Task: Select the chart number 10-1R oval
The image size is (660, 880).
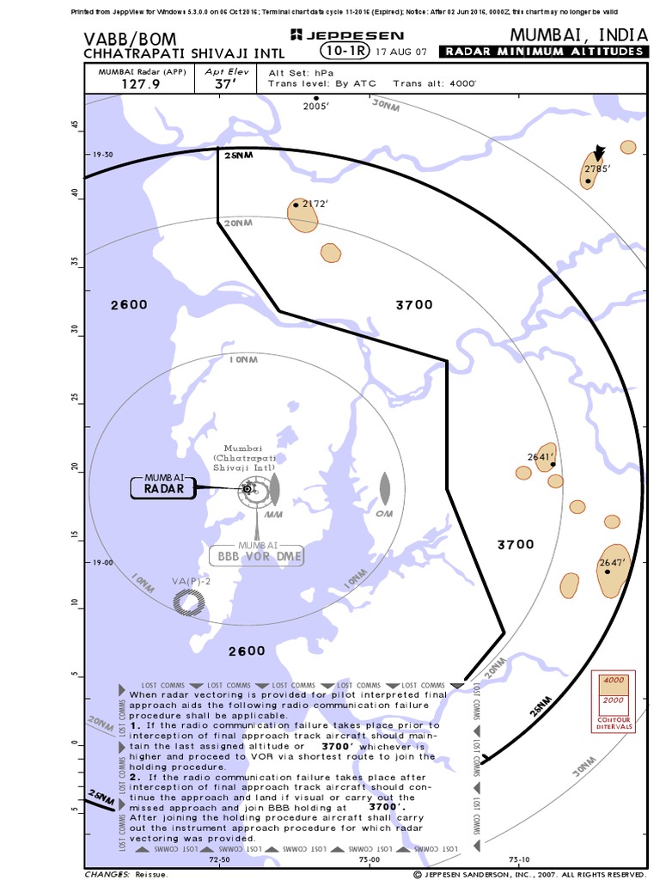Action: click(x=338, y=52)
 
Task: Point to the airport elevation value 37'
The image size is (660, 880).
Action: click(x=226, y=85)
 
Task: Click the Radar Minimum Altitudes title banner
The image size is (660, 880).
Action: click(x=543, y=52)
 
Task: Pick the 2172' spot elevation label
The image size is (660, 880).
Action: click(x=315, y=204)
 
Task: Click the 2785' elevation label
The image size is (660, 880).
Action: click(x=596, y=168)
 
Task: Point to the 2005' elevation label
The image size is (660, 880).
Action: click(x=316, y=107)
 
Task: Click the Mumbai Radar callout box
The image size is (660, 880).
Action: click(x=164, y=486)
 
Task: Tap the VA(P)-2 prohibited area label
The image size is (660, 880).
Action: click(x=191, y=582)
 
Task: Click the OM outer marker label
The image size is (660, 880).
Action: click(x=384, y=514)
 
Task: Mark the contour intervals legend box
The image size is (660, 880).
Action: click(x=613, y=701)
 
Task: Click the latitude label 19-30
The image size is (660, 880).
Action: click(x=102, y=155)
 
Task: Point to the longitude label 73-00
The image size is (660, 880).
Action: click(x=370, y=859)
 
